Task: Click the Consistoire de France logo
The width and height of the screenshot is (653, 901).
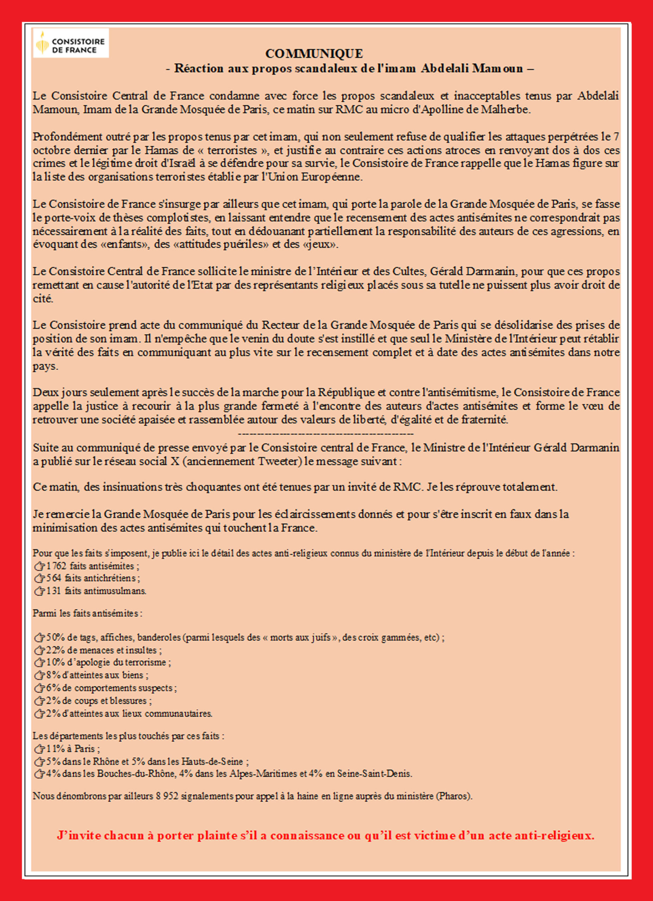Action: (71, 43)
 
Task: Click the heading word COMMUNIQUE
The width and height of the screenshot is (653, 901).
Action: (314, 53)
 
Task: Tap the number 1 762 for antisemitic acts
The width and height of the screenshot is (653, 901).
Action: (56, 566)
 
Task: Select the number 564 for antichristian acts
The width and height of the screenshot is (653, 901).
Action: (54, 578)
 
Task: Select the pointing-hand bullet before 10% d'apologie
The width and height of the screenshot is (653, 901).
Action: (40, 663)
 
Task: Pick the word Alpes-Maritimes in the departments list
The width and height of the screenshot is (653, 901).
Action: (263, 774)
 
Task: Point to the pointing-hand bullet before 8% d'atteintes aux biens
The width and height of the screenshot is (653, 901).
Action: (40, 675)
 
